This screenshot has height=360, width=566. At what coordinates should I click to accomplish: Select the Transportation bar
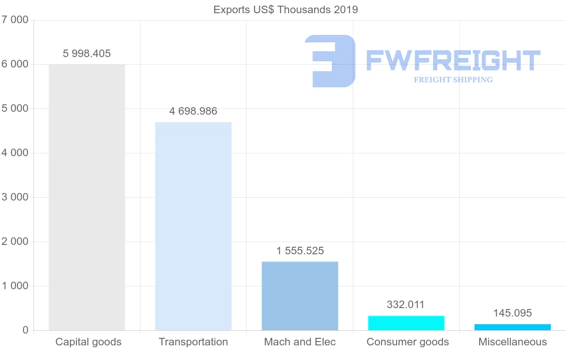click(193, 226)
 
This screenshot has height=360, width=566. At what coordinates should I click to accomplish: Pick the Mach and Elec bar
click(300, 296)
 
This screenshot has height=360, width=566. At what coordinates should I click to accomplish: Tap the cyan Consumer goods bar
click(406, 323)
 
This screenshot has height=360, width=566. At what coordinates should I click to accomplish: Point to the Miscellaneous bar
click(513, 327)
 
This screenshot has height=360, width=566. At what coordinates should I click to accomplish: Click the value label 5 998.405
click(87, 54)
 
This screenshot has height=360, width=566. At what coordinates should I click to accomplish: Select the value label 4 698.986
click(193, 111)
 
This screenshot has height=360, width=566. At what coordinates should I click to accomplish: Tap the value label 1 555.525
click(300, 251)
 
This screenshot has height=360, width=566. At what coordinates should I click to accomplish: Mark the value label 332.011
click(406, 305)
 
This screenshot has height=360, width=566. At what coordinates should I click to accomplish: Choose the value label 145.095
click(513, 313)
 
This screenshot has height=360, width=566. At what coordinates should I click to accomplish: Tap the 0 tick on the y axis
click(25, 330)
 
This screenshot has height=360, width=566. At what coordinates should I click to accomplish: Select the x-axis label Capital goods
click(88, 342)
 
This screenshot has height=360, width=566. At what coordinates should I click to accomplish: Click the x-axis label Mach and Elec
click(300, 342)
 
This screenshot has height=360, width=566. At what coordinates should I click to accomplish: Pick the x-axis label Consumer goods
click(408, 342)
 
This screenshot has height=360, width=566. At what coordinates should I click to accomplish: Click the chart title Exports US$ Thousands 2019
click(286, 9)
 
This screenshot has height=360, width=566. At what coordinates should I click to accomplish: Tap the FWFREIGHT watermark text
click(453, 60)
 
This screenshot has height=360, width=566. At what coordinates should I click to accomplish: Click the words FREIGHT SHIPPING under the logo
click(453, 80)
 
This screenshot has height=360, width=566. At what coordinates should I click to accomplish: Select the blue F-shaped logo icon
click(330, 61)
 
